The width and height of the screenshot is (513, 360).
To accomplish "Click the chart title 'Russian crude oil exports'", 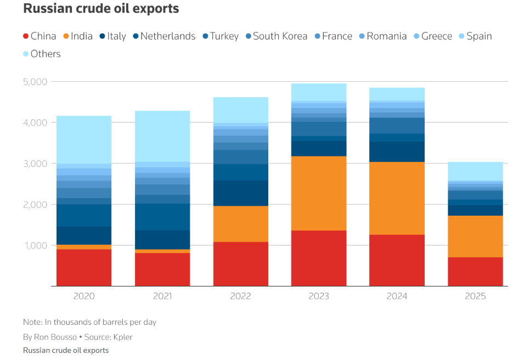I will pos(101,9).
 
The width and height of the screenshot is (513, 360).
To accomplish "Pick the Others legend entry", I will pos(42,54).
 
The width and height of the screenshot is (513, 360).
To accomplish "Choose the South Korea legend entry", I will pos(275,36).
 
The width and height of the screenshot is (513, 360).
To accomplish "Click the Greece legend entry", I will pos(433,36).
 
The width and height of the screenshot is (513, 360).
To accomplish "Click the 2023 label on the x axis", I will pos(319,296).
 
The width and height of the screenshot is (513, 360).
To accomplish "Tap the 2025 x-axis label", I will pos(475,296).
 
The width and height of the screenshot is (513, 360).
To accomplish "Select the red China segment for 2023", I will pos(319,258).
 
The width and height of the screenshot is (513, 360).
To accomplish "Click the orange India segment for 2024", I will pos(397,198).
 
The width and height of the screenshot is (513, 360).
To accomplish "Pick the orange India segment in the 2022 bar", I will pos(241,224).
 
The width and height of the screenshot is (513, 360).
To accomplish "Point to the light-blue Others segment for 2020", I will pos(84,139).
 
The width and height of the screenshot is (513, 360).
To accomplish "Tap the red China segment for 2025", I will pos(475,272).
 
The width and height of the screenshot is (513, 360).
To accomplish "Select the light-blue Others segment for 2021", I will pos(162,136).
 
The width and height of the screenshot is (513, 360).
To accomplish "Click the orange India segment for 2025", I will pos(475,236).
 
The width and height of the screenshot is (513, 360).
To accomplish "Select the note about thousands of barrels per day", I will pos(89,322).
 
